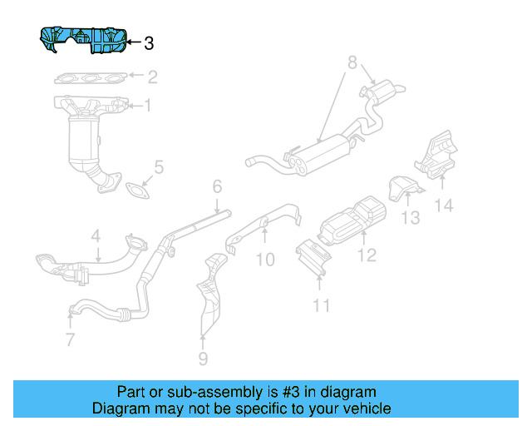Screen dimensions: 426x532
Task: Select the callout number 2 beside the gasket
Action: pyautogui.click(x=152, y=77)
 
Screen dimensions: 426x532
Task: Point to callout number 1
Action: pyautogui.click(x=148, y=106)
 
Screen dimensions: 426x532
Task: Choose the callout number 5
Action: pyautogui.click(x=159, y=167)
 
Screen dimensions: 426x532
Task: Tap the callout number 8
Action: pyautogui.click(x=352, y=62)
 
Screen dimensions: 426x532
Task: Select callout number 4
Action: pyautogui.click(x=96, y=235)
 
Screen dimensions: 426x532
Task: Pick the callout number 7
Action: pyautogui.click(x=70, y=339)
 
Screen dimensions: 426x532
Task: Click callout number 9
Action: pyautogui.click(x=203, y=359)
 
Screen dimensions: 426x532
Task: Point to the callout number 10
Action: pyautogui.click(x=264, y=260)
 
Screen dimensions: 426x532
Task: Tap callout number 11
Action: pyautogui.click(x=320, y=305)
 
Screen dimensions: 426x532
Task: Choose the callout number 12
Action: pyautogui.click(x=367, y=255)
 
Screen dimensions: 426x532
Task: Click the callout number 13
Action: pyautogui.click(x=410, y=218)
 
